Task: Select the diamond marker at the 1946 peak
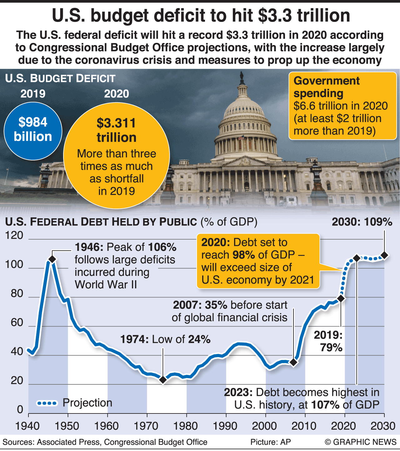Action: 52,259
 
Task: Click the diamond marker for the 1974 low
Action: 163,379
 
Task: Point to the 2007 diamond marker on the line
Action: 293,362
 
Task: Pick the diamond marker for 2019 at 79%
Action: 341,298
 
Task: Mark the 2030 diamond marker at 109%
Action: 384,256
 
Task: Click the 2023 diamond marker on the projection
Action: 357,258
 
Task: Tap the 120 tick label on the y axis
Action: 14,236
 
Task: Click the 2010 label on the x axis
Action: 305,426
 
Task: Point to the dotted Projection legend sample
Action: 47,403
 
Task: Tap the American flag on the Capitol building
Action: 241,138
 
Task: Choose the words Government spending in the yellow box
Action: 326,87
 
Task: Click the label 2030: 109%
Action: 362,222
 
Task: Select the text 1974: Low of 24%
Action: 165,339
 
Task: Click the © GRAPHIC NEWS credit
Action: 360,442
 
